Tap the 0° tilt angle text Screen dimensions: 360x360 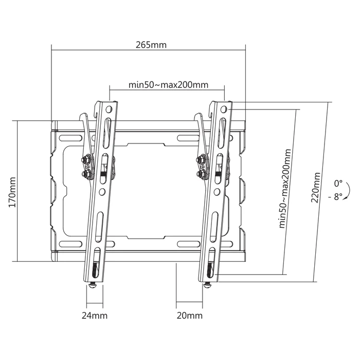point(338,183)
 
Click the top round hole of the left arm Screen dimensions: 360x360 point(109,110)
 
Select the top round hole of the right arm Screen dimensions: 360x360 point(223,110)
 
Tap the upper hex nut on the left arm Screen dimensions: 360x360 point(85,160)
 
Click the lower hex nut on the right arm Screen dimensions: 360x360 point(199,174)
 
